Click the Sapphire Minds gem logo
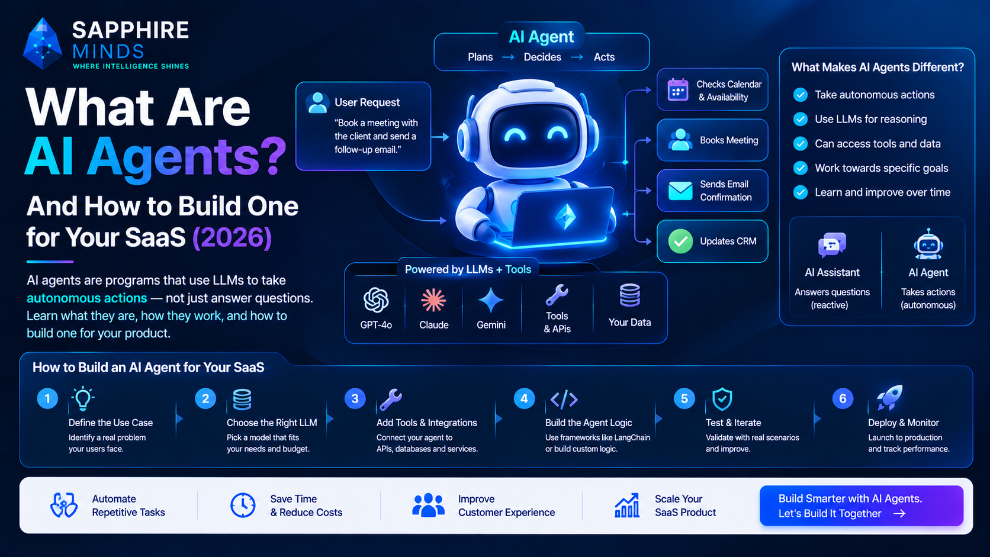pyautogui.click(x=43, y=43)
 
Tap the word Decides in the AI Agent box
pyautogui.click(x=542, y=57)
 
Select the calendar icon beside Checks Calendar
pyautogui.click(x=678, y=89)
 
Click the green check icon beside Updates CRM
pyautogui.click(x=681, y=241)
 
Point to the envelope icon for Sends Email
pyautogui.click(x=680, y=191)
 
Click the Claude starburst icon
pyautogui.click(x=433, y=300)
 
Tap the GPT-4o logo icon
pyautogui.click(x=376, y=300)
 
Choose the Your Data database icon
pyautogui.click(x=630, y=295)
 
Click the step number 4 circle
pyautogui.click(x=524, y=398)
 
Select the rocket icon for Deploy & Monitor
pyautogui.click(x=889, y=398)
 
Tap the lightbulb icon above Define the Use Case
pyautogui.click(x=83, y=398)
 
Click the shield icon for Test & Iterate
pyautogui.click(x=722, y=399)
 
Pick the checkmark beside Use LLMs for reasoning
pyautogui.click(x=801, y=119)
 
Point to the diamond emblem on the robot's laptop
pyautogui.click(x=565, y=217)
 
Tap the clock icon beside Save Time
pyautogui.click(x=243, y=505)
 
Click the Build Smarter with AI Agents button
pyautogui.click(x=862, y=506)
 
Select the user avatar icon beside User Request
pyautogui.click(x=317, y=103)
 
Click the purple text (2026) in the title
pyautogui.click(x=232, y=237)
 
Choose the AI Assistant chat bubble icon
pyautogui.click(x=832, y=244)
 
